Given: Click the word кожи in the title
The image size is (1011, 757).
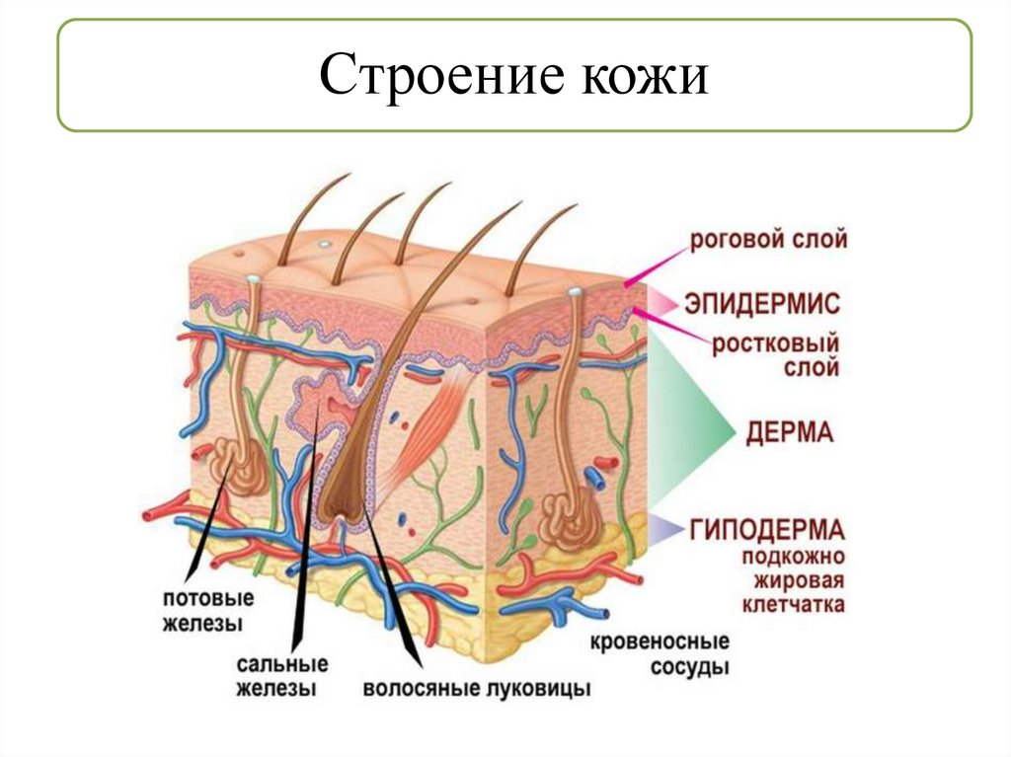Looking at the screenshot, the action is pyautogui.click(x=637, y=77).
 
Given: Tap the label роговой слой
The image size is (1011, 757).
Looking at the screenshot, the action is pyautogui.click(x=769, y=240).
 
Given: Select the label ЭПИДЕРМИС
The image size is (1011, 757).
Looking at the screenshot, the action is pyautogui.click(x=769, y=301).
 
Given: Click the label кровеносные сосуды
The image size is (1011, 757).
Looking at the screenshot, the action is pyautogui.click(x=660, y=655).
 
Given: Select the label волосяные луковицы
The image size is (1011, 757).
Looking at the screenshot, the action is pyautogui.click(x=477, y=688).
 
